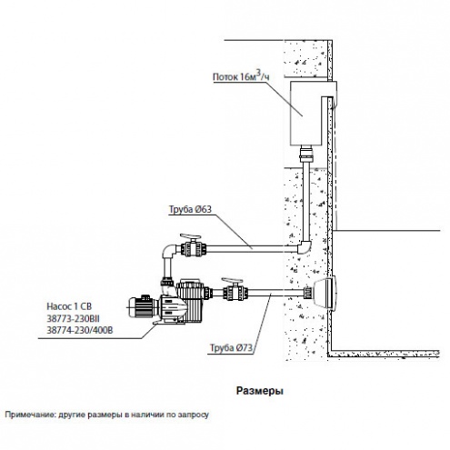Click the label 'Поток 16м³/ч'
[241, 75]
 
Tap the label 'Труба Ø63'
[190, 209]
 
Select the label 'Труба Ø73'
[232, 348]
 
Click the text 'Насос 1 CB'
[69, 306]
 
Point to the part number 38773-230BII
[73, 318]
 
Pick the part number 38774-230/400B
[80, 330]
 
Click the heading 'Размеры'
[260, 391]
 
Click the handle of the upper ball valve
[191, 236]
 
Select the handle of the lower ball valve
[232, 280]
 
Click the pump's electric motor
[143, 306]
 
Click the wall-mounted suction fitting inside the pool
[325, 293]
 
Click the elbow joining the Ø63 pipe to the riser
[305, 247]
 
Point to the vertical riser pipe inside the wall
[306, 202]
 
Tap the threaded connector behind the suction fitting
[308, 293]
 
